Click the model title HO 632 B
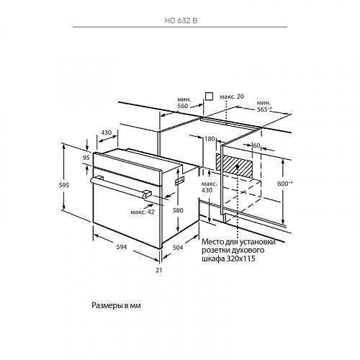(x=181, y=21)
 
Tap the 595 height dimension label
(x=64, y=185)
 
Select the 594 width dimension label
(x=122, y=247)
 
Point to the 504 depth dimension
(x=178, y=248)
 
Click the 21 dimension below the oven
(x=159, y=270)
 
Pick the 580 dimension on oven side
(x=178, y=210)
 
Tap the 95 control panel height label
(x=86, y=158)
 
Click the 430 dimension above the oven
(x=106, y=132)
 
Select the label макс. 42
(x=143, y=212)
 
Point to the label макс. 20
(x=232, y=96)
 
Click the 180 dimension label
(x=210, y=139)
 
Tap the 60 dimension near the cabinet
(x=256, y=145)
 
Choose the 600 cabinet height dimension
(x=285, y=184)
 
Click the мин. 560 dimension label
(x=184, y=102)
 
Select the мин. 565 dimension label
(x=264, y=106)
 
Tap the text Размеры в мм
(x=116, y=305)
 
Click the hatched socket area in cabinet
(x=234, y=166)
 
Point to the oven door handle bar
(x=121, y=187)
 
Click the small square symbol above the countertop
(x=210, y=96)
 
